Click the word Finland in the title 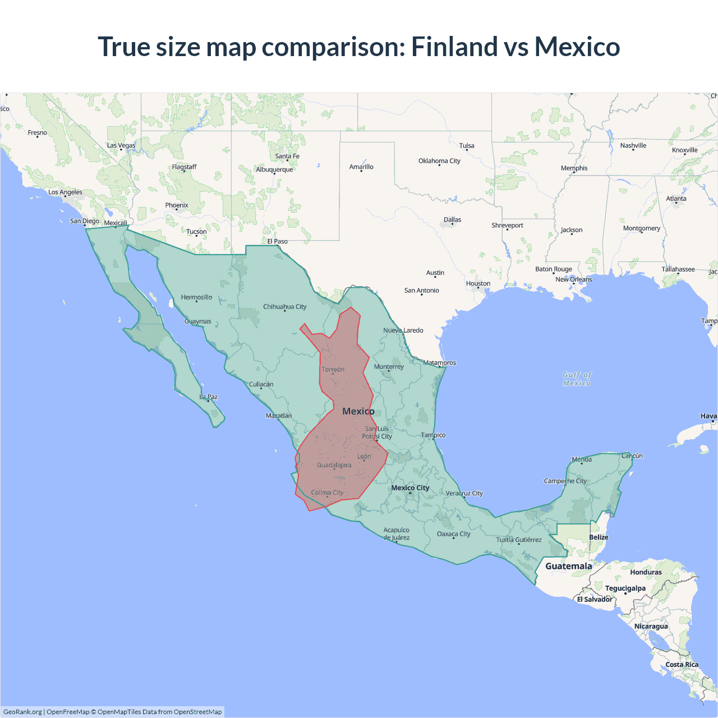pyautogui.click(x=454, y=47)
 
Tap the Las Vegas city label pyautogui.click(x=121, y=145)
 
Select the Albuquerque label pyautogui.click(x=274, y=169)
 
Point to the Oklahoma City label pyautogui.click(x=439, y=161)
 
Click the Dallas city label pyautogui.click(x=452, y=220)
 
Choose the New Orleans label pyautogui.click(x=573, y=279)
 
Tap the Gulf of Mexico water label pyautogui.click(x=577, y=379)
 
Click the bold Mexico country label pyautogui.click(x=358, y=411)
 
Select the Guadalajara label pyautogui.click(x=334, y=465)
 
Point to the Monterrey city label pyautogui.click(x=389, y=367)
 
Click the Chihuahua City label pyautogui.click(x=285, y=307)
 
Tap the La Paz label pyautogui.click(x=209, y=397)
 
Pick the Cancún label pyautogui.click(x=632, y=455)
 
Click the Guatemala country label pyautogui.click(x=568, y=566)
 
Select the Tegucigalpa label pyautogui.click(x=625, y=588)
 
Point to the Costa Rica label pyautogui.click(x=682, y=665)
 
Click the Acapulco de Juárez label pyautogui.click(x=396, y=533)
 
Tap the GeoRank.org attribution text pyautogui.click(x=22, y=712)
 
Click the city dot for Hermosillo pyautogui.click(x=196, y=302)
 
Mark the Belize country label pyautogui.click(x=599, y=537)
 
